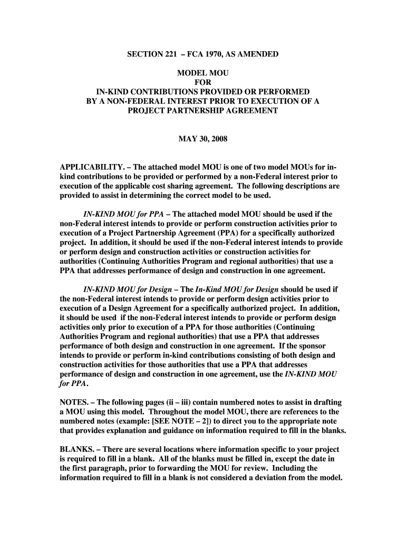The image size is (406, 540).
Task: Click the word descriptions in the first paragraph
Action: pos(303,186)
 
